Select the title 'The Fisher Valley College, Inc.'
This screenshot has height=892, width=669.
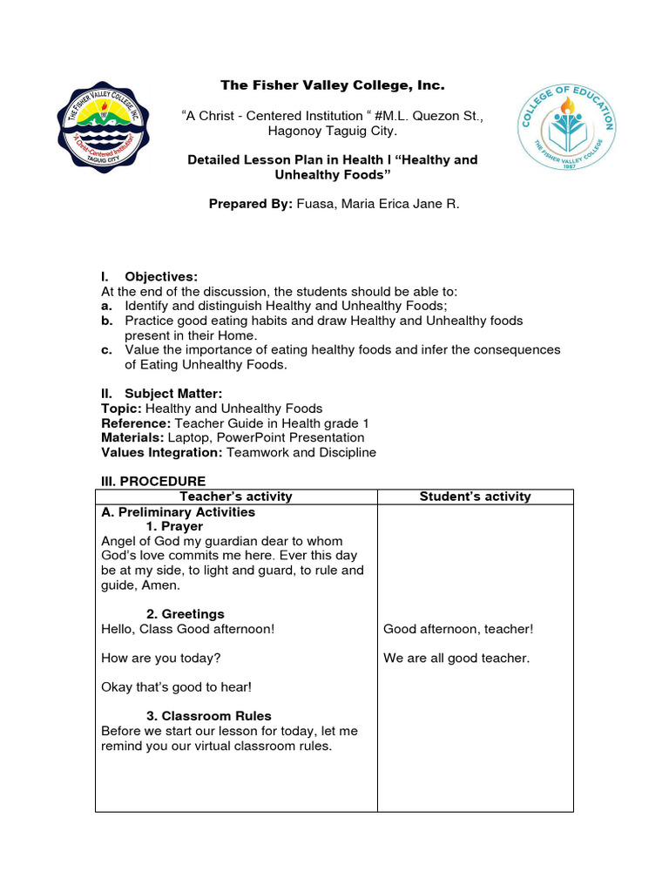tap(332, 85)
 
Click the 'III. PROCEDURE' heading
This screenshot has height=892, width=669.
tap(153, 481)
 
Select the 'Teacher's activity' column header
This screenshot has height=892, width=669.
tap(236, 497)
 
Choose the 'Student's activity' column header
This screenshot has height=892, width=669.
tap(475, 497)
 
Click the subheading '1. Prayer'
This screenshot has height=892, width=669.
tap(174, 527)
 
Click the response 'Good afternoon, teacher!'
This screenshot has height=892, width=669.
tap(458, 629)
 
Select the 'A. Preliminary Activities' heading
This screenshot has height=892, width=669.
tap(178, 512)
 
